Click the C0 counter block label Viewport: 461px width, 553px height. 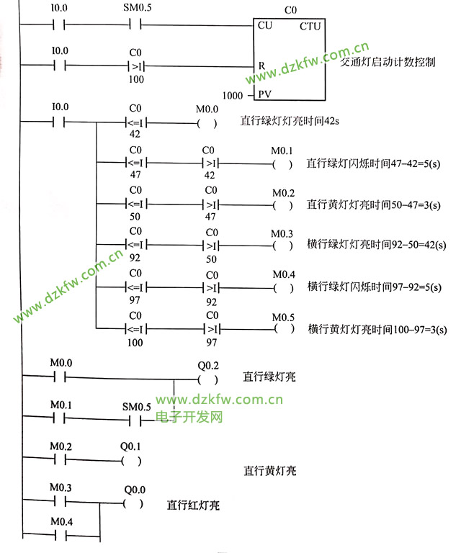tap(290, 10)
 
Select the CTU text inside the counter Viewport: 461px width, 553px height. tap(310, 26)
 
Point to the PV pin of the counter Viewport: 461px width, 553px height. tap(264, 95)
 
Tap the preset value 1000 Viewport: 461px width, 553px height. tap(233, 95)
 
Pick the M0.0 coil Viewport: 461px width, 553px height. tap(206, 123)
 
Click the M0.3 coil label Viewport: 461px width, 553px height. tap(282, 234)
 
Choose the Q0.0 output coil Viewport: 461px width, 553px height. tap(133, 503)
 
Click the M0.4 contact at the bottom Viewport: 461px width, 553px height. tap(60, 535)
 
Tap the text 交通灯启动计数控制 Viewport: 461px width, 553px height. tap(387, 63)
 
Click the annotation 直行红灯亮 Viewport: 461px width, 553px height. tap(193, 505)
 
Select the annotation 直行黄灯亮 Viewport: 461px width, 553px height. tap(270, 471)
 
